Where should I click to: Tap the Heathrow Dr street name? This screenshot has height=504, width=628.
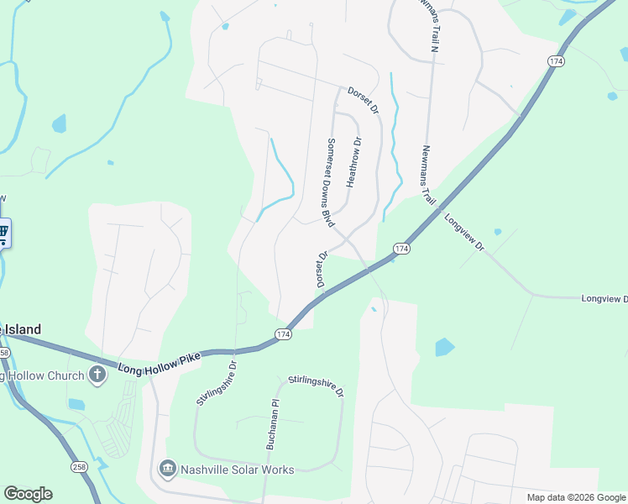click(x=354, y=161)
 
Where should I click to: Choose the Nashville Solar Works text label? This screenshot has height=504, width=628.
click(x=238, y=470)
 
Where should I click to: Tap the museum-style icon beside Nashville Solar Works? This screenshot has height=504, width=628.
click(x=166, y=469)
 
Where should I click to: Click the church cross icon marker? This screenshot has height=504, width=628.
click(x=97, y=375)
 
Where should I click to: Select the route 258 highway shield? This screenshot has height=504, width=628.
click(x=80, y=466)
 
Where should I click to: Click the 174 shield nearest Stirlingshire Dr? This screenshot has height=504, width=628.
click(x=283, y=334)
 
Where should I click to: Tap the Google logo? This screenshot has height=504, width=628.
click(x=28, y=493)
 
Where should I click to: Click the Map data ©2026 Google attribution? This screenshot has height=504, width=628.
click(x=576, y=497)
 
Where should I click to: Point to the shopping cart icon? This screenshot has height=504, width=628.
click(x=3, y=232)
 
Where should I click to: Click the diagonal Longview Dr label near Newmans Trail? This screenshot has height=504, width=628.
click(x=464, y=234)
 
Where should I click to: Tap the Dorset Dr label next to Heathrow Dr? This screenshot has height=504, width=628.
click(x=364, y=102)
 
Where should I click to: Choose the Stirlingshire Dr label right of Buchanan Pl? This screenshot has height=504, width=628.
click(x=317, y=386)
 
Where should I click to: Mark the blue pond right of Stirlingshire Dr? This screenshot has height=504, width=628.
click(x=444, y=347)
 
